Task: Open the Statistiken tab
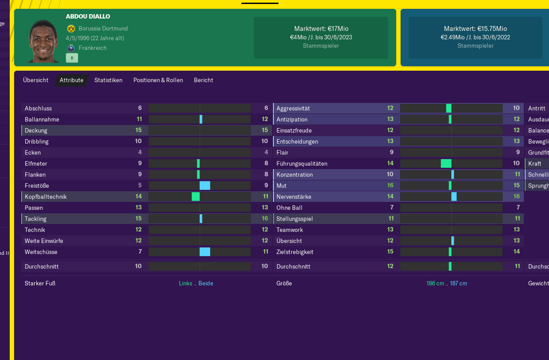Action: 108,80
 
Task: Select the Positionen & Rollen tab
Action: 158,80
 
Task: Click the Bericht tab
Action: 203,80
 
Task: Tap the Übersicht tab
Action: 36,80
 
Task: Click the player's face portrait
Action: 43,41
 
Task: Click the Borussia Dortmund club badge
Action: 71,29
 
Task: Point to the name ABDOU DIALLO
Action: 88,16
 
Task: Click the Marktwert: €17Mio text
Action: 321,29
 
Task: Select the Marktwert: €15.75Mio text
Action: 475,29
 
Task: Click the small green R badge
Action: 72,58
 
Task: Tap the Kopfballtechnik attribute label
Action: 46,197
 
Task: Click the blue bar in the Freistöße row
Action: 205,186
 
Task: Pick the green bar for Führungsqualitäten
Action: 446,163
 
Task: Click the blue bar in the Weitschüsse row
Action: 205,252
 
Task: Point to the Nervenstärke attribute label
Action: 294,197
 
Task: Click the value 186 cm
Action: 435,284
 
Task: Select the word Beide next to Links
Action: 206,284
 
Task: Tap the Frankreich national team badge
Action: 71,48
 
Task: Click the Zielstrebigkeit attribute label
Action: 295,252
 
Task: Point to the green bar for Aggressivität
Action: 449,108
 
